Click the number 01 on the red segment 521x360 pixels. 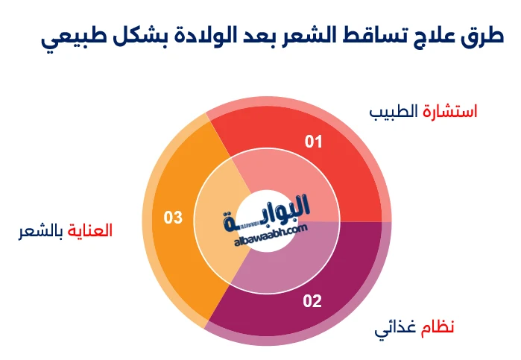[313, 142]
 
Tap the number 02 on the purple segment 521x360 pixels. [312, 301]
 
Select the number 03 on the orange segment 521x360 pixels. [173, 218]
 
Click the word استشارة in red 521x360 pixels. [450, 112]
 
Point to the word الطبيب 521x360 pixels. [394, 112]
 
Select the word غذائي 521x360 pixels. [395, 328]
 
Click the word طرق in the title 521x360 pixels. [484, 34]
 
